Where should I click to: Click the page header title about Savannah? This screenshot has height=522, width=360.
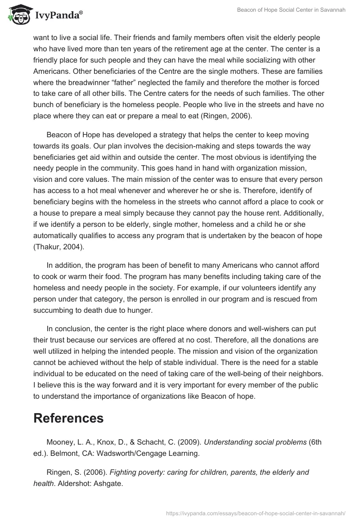[291, 10]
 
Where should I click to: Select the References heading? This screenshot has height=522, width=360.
[68, 418]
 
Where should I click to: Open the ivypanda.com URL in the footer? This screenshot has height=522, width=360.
[256, 513]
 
